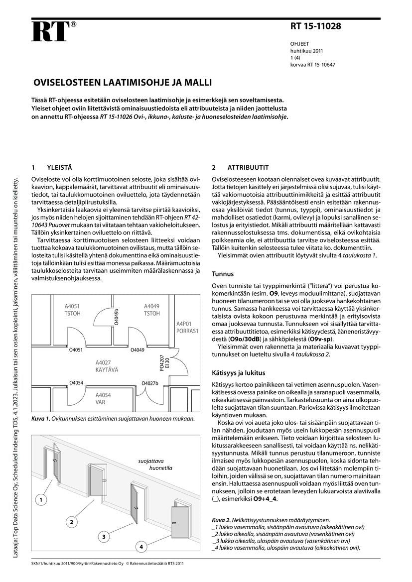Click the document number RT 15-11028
(x=315, y=26)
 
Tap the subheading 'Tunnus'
(x=223, y=274)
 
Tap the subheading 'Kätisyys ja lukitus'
(x=238, y=372)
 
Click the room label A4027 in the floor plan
(x=103, y=363)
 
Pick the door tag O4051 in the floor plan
(x=76, y=350)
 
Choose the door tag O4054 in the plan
(x=76, y=382)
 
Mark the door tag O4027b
(x=149, y=383)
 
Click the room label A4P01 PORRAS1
(x=187, y=327)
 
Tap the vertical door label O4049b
(x=117, y=317)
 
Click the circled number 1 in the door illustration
(x=42, y=499)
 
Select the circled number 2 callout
(x=72, y=522)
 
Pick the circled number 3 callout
(x=103, y=537)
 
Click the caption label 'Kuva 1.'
(x=40, y=418)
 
